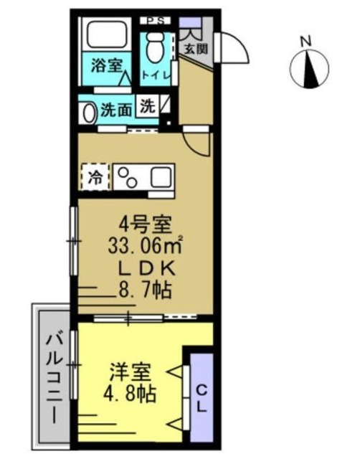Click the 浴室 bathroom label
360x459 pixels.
click(x=106, y=65)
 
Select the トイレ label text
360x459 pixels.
click(x=156, y=75)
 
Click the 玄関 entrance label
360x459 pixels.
click(x=196, y=49)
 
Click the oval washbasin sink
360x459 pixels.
click(x=89, y=113)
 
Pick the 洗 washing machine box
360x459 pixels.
click(x=148, y=106)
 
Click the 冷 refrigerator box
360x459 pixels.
click(x=95, y=177)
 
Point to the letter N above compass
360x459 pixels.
click(x=306, y=42)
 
